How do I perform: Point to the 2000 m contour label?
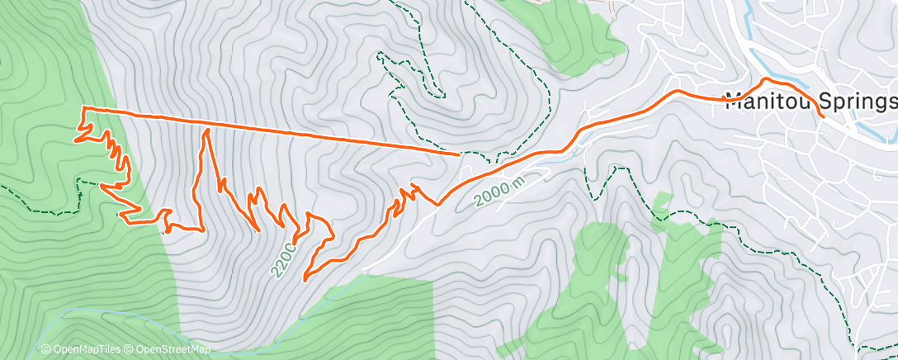point(499,191)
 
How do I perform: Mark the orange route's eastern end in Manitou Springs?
point(823,117)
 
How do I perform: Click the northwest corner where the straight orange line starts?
point(83,108)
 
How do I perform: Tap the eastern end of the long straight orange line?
point(459,154)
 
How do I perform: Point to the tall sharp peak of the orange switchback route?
point(206,130)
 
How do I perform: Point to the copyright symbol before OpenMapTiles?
point(45,349)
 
